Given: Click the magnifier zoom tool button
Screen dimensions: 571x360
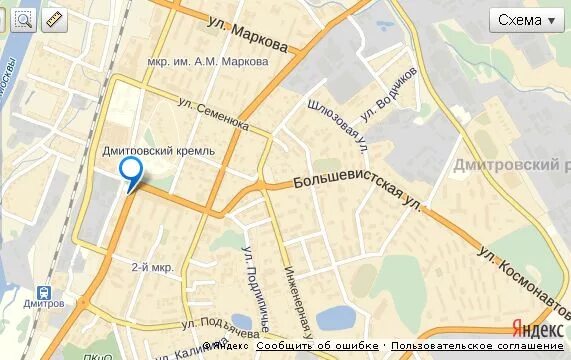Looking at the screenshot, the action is tap(23, 19).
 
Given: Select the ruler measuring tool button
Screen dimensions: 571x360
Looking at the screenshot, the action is tap(53, 19).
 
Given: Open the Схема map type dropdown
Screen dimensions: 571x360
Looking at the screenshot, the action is tap(526, 20).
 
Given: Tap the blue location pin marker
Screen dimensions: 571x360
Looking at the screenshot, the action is tap(130, 171).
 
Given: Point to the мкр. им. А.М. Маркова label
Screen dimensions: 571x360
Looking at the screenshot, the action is tap(208, 61).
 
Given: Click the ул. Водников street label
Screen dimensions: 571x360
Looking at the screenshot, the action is tap(388, 94).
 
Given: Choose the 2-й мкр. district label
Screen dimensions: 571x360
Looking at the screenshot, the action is tap(152, 267).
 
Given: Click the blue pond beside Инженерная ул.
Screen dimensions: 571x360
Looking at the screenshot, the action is tap(336, 318).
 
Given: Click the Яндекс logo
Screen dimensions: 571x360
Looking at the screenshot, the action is tap(536, 329).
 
